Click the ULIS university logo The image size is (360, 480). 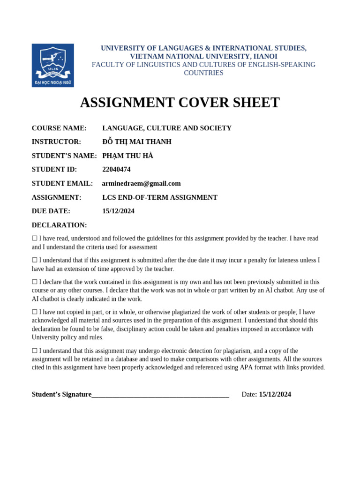tap(52, 65)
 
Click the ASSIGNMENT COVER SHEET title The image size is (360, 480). tap(180, 103)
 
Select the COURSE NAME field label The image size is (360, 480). tap(59, 128)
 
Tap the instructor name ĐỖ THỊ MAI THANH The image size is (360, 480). tap(136, 142)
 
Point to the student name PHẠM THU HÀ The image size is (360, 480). tap(127, 156)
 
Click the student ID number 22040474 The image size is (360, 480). tap(116, 169)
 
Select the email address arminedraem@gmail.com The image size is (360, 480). tap(141, 183)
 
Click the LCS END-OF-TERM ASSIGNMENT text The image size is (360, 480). tap(159, 197)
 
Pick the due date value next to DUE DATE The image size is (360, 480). tap(118, 211)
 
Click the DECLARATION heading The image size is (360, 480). tap(59, 225)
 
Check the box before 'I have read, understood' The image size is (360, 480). tap(35, 239)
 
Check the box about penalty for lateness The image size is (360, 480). tap(35, 260)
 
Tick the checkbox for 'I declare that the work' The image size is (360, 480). tap(35, 282)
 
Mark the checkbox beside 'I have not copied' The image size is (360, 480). tap(35, 312)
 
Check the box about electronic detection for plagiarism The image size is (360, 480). tap(35, 351)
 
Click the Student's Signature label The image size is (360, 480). tap(61, 394)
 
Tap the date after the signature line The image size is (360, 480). tap(275, 394)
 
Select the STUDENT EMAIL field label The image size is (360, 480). tap(62, 183)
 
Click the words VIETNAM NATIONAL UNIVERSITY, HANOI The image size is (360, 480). tap(203, 56)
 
